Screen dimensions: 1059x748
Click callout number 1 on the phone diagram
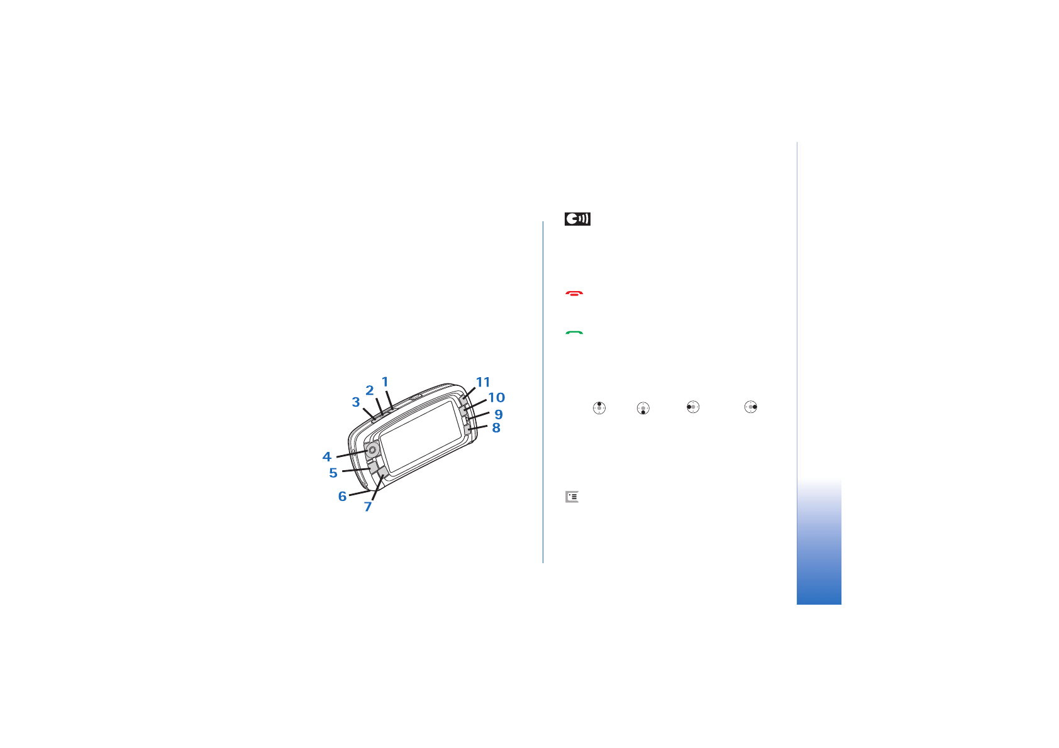pyautogui.click(x=385, y=382)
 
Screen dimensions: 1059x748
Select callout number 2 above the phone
pyautogui.click(x=370, y=390)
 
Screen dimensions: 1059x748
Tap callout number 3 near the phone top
pyautogui.click(x=356, y=402)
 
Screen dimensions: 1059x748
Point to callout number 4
pyautogui.click(x=326, y=457)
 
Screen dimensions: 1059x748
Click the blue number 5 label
pyautogui.click(x=333, y=473)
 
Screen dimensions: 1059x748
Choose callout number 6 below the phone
pyautogui.click(x=342, y=496)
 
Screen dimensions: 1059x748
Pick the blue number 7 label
pyautogui.click(x=368, y=507)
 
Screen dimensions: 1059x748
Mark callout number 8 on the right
pyautogui.click(x=496, y=427)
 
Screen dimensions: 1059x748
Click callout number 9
pyautogui.click(x=498, y=414)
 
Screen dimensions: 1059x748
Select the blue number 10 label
pyautogui.click(x=496, y=397)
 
